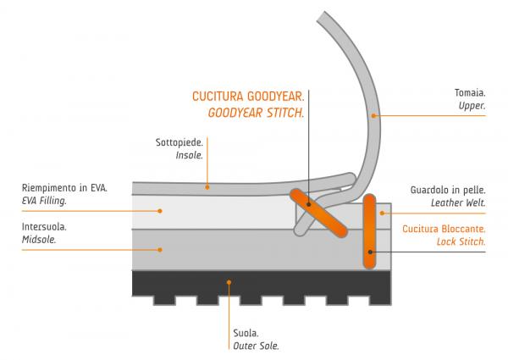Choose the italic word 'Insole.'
[189, 157]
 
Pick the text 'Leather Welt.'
[458, 203]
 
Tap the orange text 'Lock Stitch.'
[462, 241]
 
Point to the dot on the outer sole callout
[229, 281]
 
